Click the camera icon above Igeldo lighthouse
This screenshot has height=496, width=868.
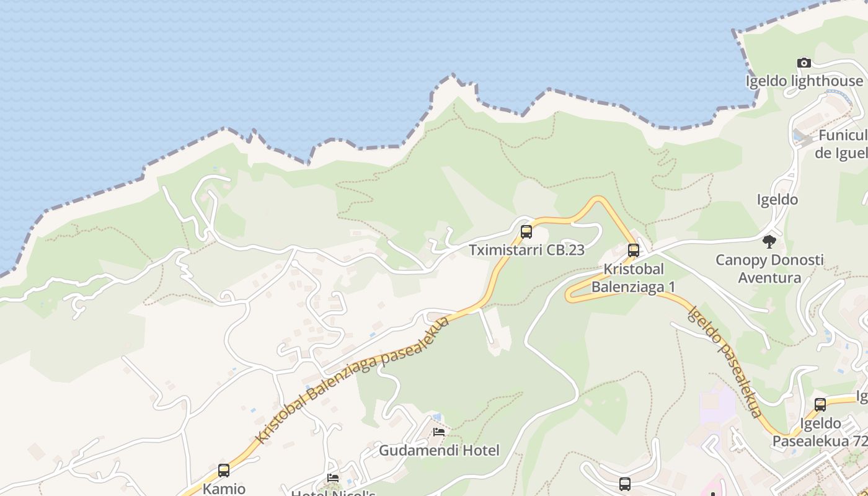[x=804, y=63]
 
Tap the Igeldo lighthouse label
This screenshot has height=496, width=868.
[x=805, y=81]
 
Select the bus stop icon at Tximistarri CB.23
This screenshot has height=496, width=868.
[x=526, y=232]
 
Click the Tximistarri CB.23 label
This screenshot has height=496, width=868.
[x=526, y=250]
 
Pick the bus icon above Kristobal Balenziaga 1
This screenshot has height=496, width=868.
[x=633, y=250]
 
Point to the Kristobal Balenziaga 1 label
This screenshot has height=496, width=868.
[x=633, y=278]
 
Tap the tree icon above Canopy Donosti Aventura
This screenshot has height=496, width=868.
[x=769, y=241]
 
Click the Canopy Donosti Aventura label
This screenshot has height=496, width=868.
[x=769, y=268]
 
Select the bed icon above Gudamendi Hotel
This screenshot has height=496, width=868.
[x=439, y=432]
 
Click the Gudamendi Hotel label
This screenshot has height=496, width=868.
[x=439, y=450]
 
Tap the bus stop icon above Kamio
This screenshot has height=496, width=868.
[x=224, y=471]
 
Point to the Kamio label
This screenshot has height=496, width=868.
[x=224, y=489]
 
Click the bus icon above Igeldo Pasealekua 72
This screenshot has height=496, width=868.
[x=820, y=405]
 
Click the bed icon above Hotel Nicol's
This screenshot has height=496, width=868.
[x=333, y=477]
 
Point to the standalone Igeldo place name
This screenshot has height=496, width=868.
[x=777, y=200]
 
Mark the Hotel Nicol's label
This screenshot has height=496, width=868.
[x=333, y=492]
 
